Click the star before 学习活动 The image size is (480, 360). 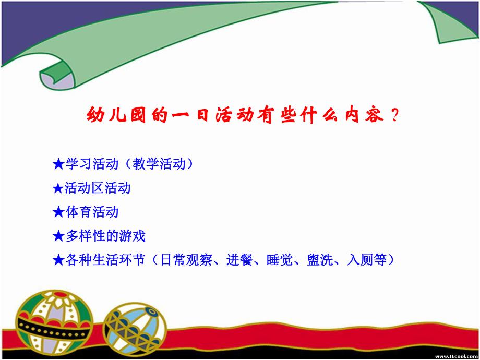point(58,164)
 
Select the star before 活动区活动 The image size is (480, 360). point(58,188)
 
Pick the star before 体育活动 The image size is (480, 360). point(58,212)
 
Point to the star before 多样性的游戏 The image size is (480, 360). point(58,236)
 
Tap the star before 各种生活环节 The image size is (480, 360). point(58,260)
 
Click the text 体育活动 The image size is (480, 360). point(92,212)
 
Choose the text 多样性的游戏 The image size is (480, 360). point(105,236)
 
